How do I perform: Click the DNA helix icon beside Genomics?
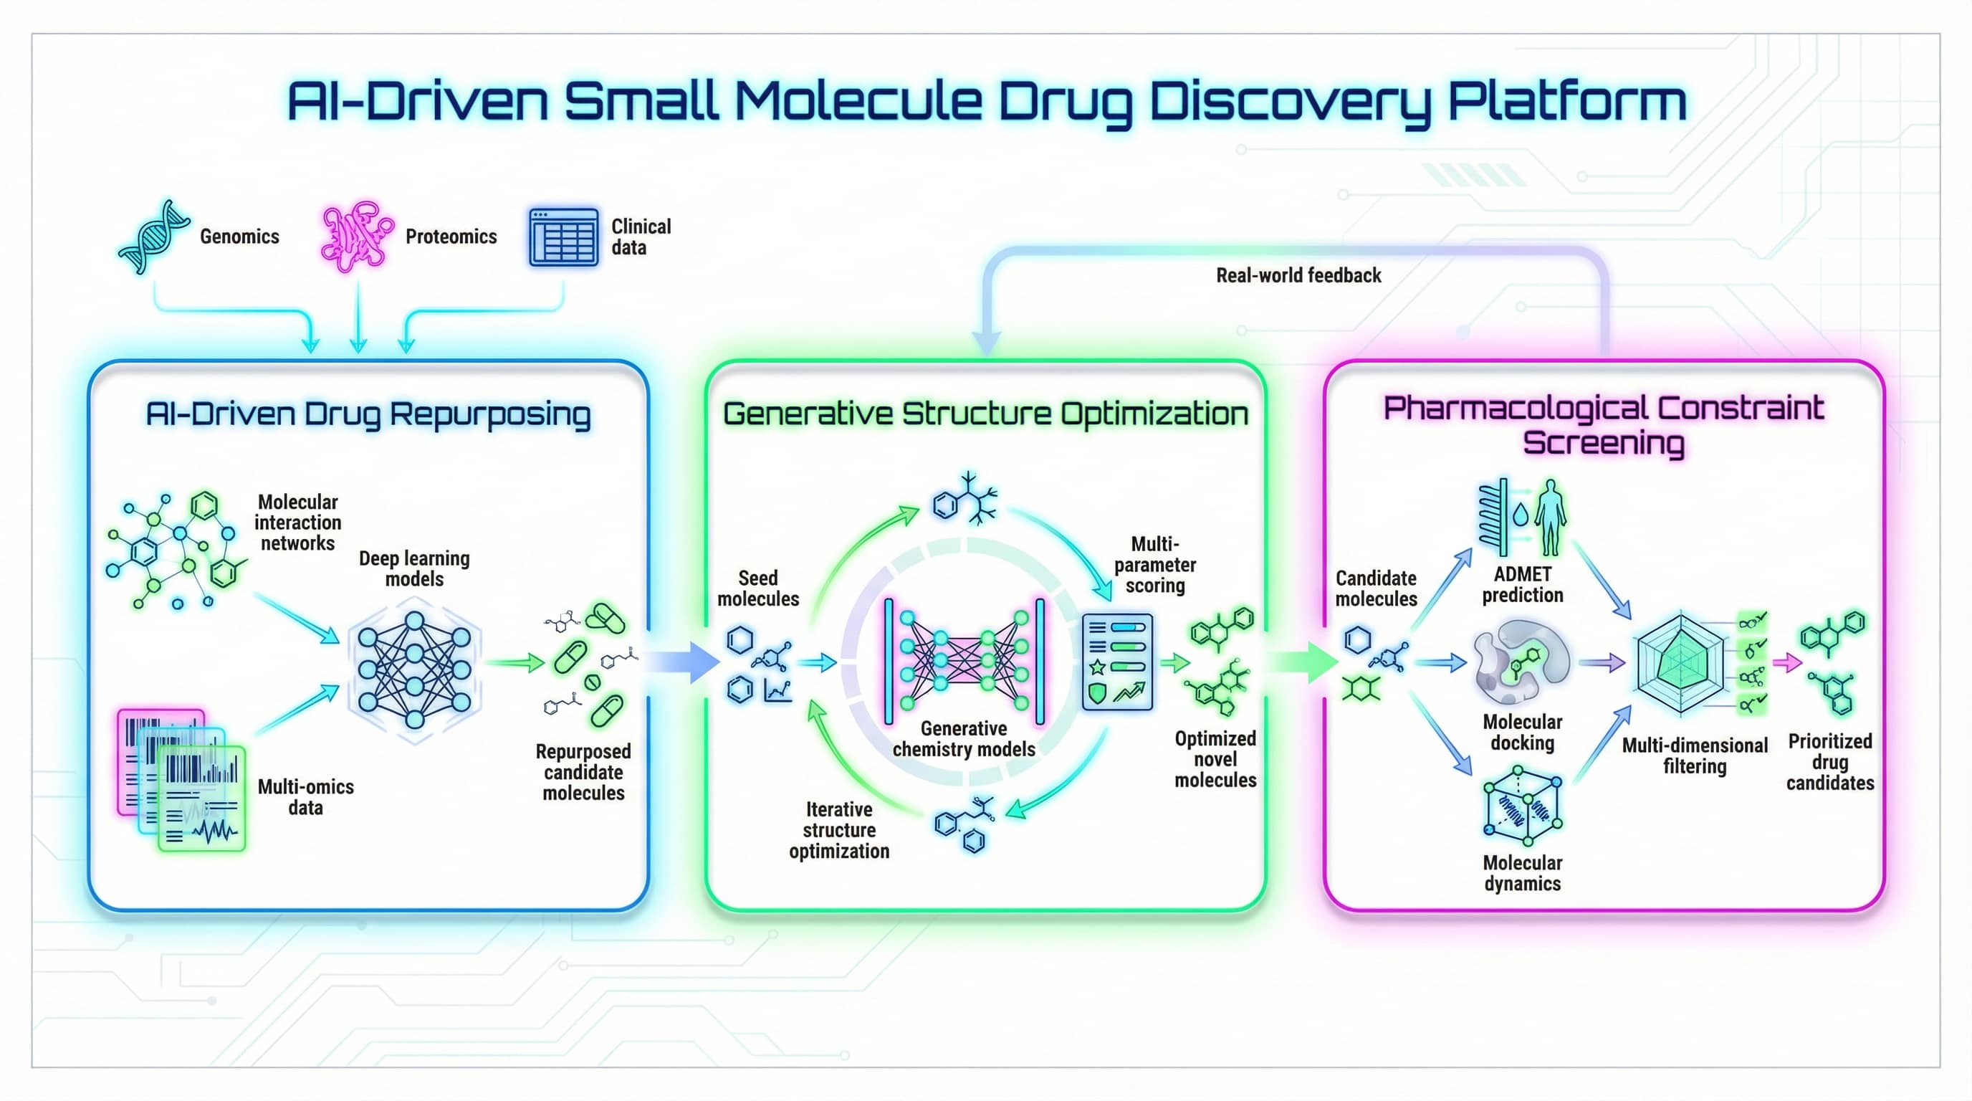[x=153, y=236]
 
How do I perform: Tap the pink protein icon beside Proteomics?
[x=356, y=236]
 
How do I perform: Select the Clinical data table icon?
[x=563, y=237]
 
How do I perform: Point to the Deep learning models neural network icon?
[x=414, y=670]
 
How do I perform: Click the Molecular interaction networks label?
[x=298, y=522]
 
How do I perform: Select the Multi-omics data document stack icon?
[x=181, y=780]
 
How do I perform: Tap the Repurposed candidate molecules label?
[x=583, y=772]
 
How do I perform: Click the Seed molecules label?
[x=758, y=588]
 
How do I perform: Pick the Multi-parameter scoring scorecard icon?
[x=1117, y=662]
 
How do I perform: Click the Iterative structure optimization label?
[x=839, y=830]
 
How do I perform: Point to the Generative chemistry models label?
[x=964, y=738]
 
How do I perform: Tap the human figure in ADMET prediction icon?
[x=1550, y=517]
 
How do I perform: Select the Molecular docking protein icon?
[x=1521, y=662]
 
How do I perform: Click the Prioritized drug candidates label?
[x=1829, y=762]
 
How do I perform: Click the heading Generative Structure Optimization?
[x=985, y=414]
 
